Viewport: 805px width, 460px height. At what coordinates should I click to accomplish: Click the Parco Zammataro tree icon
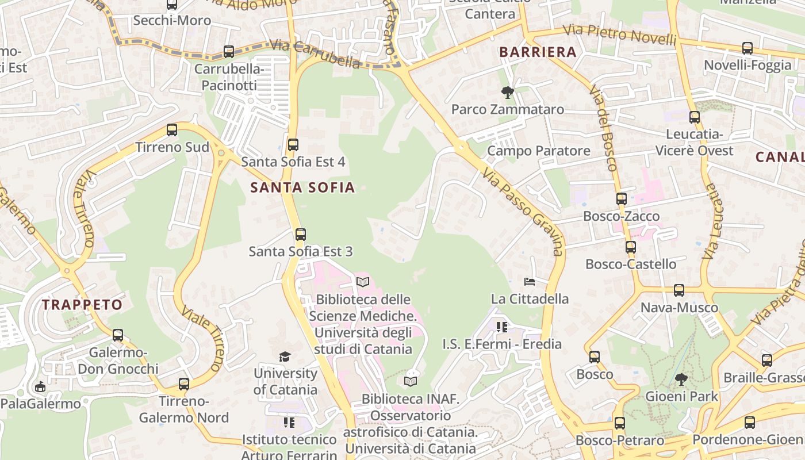coord(507,92)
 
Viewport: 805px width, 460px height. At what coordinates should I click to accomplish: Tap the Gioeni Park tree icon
coord(681,379)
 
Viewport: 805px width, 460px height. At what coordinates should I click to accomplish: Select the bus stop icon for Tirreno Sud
coord(172,130)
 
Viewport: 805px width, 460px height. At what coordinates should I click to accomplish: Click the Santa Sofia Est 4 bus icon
coord(293,144)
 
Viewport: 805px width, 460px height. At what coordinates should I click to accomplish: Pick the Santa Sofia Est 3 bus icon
coord(301,234)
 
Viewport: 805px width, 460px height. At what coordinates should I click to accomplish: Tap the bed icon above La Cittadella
coord(530,282)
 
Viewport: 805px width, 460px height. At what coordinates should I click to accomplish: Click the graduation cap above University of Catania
coord(285,356)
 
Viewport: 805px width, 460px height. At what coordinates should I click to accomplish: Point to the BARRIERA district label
coord(538,52)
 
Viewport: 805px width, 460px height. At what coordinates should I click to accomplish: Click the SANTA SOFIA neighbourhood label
coord(302,187)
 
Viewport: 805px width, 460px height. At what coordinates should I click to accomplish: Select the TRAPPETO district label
coord(82,304)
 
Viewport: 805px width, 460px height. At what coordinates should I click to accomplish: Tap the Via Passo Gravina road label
coord(522,212)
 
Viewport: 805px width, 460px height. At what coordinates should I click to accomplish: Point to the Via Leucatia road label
coord(711,221)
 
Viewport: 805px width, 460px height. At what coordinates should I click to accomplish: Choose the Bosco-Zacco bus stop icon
coord(622,199)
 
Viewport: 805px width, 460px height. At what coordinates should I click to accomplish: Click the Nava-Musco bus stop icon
coord(679,290)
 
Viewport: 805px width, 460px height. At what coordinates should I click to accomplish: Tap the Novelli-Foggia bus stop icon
coord(747,48)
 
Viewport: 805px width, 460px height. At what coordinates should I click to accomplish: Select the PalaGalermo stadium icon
coord(40,386)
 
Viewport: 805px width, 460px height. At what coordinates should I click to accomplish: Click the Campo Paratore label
coord(538,151)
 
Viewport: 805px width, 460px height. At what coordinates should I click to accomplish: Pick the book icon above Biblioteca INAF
coord(410,381)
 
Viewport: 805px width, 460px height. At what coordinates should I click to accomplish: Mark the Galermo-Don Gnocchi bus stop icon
coord(118,335)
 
